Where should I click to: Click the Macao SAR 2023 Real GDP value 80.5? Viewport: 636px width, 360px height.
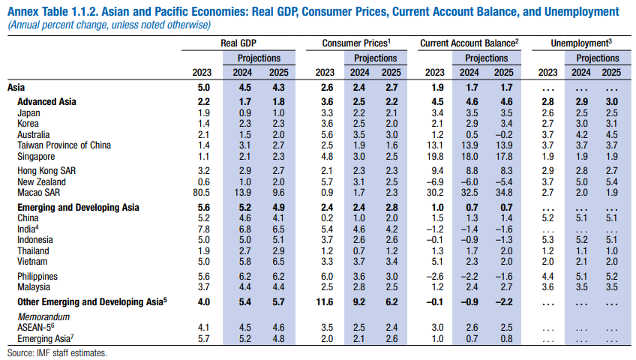coord(202,193)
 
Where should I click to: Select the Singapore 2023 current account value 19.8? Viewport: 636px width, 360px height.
coord(434,157)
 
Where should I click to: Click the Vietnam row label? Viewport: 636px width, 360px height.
coord(32,262)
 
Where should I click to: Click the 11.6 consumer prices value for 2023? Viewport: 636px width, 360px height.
coord(324,302)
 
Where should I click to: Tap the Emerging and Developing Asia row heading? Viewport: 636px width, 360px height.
coord(78,207)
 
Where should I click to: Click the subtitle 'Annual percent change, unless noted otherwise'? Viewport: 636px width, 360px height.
coord(109,25)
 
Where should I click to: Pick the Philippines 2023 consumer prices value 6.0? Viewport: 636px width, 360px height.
coord(324,277)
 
